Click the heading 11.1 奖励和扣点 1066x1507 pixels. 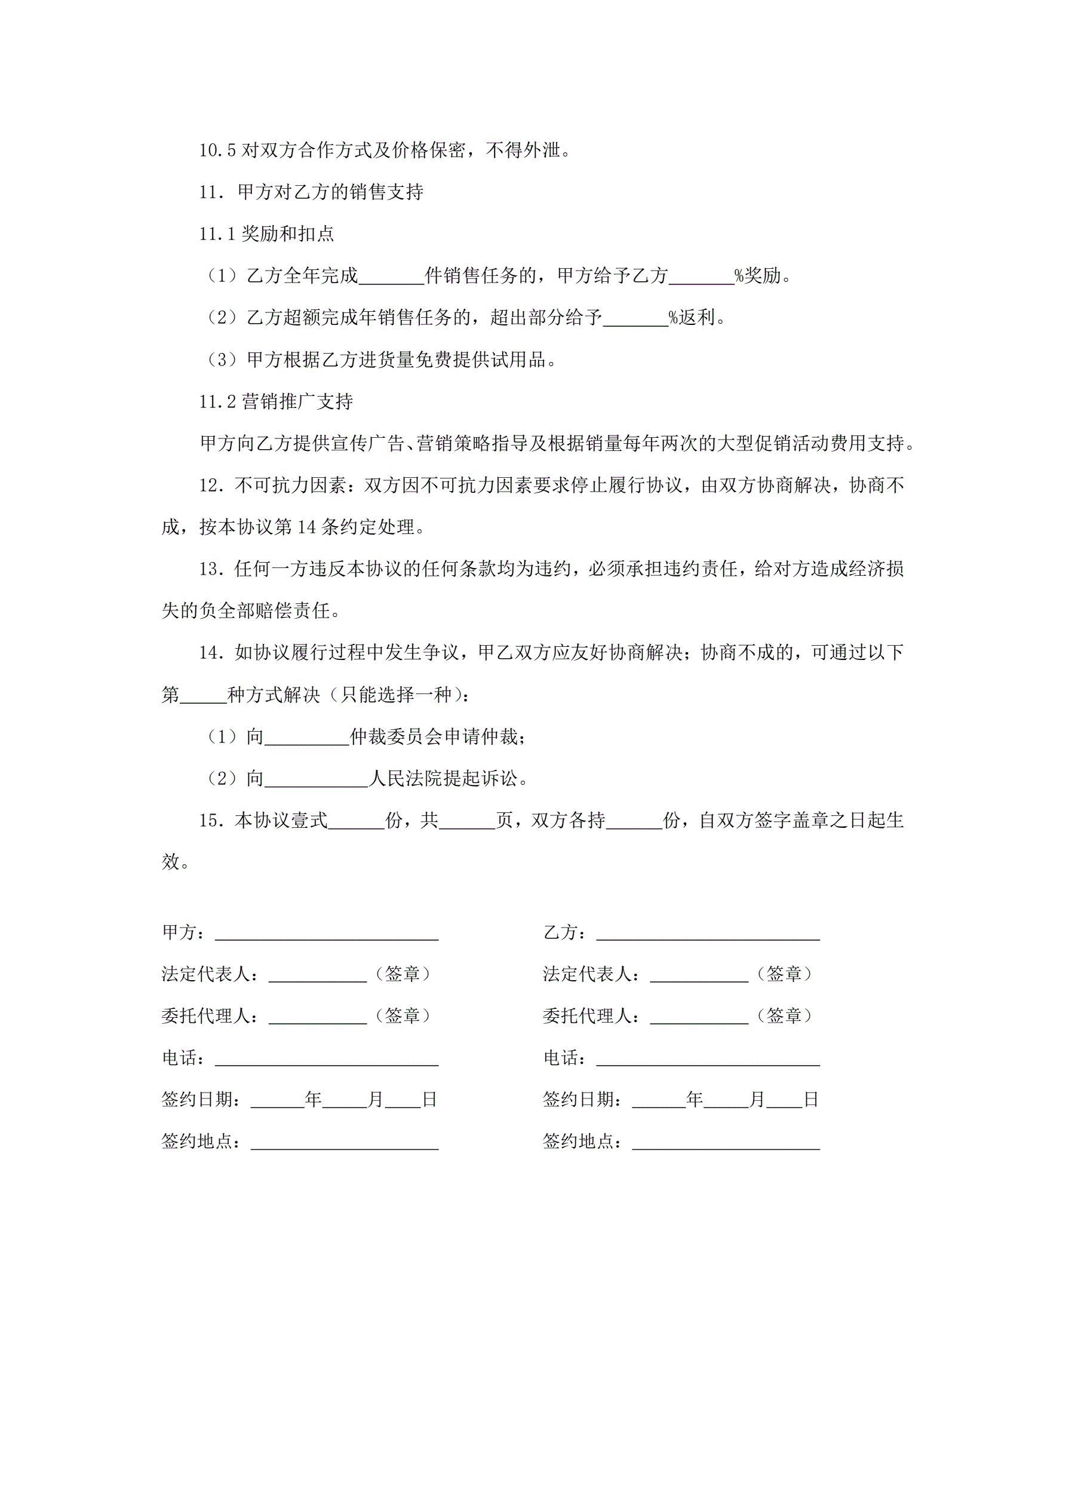click(266, 234)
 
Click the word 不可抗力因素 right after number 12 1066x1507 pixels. click(290, 486)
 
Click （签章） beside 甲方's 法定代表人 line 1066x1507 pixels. click(403, 974)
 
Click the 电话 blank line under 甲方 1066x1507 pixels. click(327, 1058)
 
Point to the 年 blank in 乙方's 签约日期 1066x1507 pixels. click(658, 1100)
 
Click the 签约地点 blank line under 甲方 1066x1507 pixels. click(345, 1142)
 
